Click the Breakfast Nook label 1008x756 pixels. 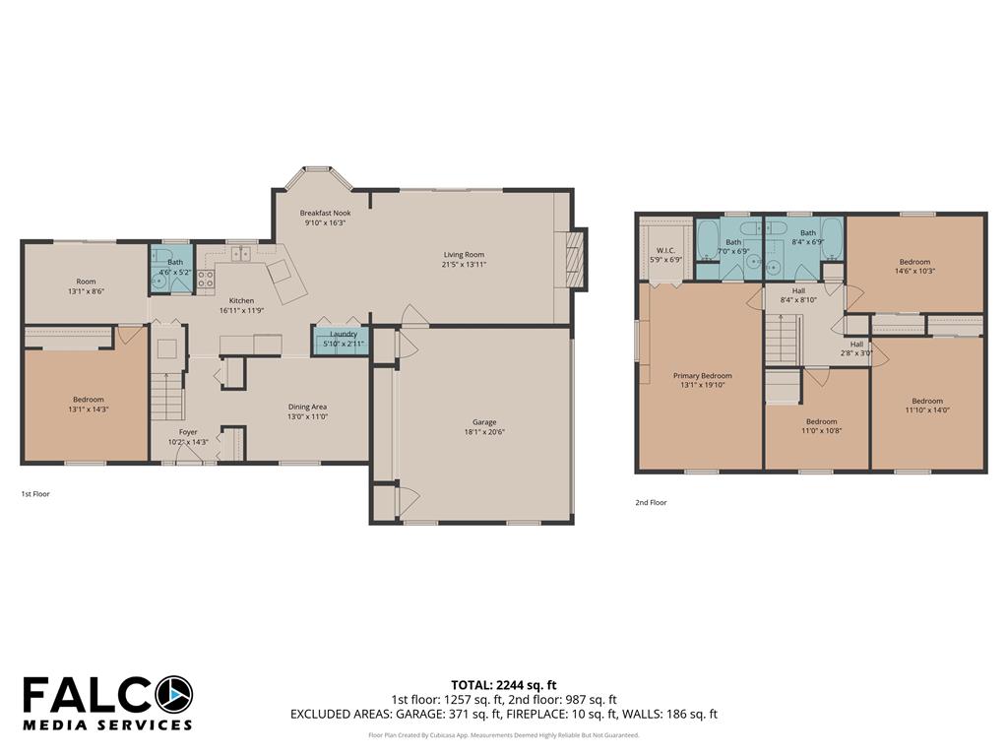(325, 213)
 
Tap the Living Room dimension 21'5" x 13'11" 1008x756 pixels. (464, 264)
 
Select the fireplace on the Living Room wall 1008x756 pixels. (576, 259)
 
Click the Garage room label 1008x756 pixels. (484, 422)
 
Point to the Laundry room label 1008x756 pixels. (344, 335)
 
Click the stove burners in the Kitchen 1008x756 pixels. (206, 279)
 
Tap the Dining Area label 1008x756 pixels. (307, 407)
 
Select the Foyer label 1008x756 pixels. (188, 432)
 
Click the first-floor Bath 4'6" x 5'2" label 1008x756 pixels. (175, 267)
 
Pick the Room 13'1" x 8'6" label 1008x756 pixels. (87, 286)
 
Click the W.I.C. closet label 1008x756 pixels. (665, 250)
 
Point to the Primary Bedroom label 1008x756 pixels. (702, 375)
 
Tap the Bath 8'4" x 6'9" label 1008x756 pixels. (808, 237)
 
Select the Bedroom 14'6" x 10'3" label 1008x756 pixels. (914, 266)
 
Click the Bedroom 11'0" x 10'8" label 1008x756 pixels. (822, 426)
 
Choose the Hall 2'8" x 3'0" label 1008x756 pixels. (856, 348)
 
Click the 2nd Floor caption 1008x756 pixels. (651, 503)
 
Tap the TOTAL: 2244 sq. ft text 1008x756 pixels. (503, 685)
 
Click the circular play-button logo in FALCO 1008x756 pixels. (173, 696)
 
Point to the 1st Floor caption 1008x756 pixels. (35, 494)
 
